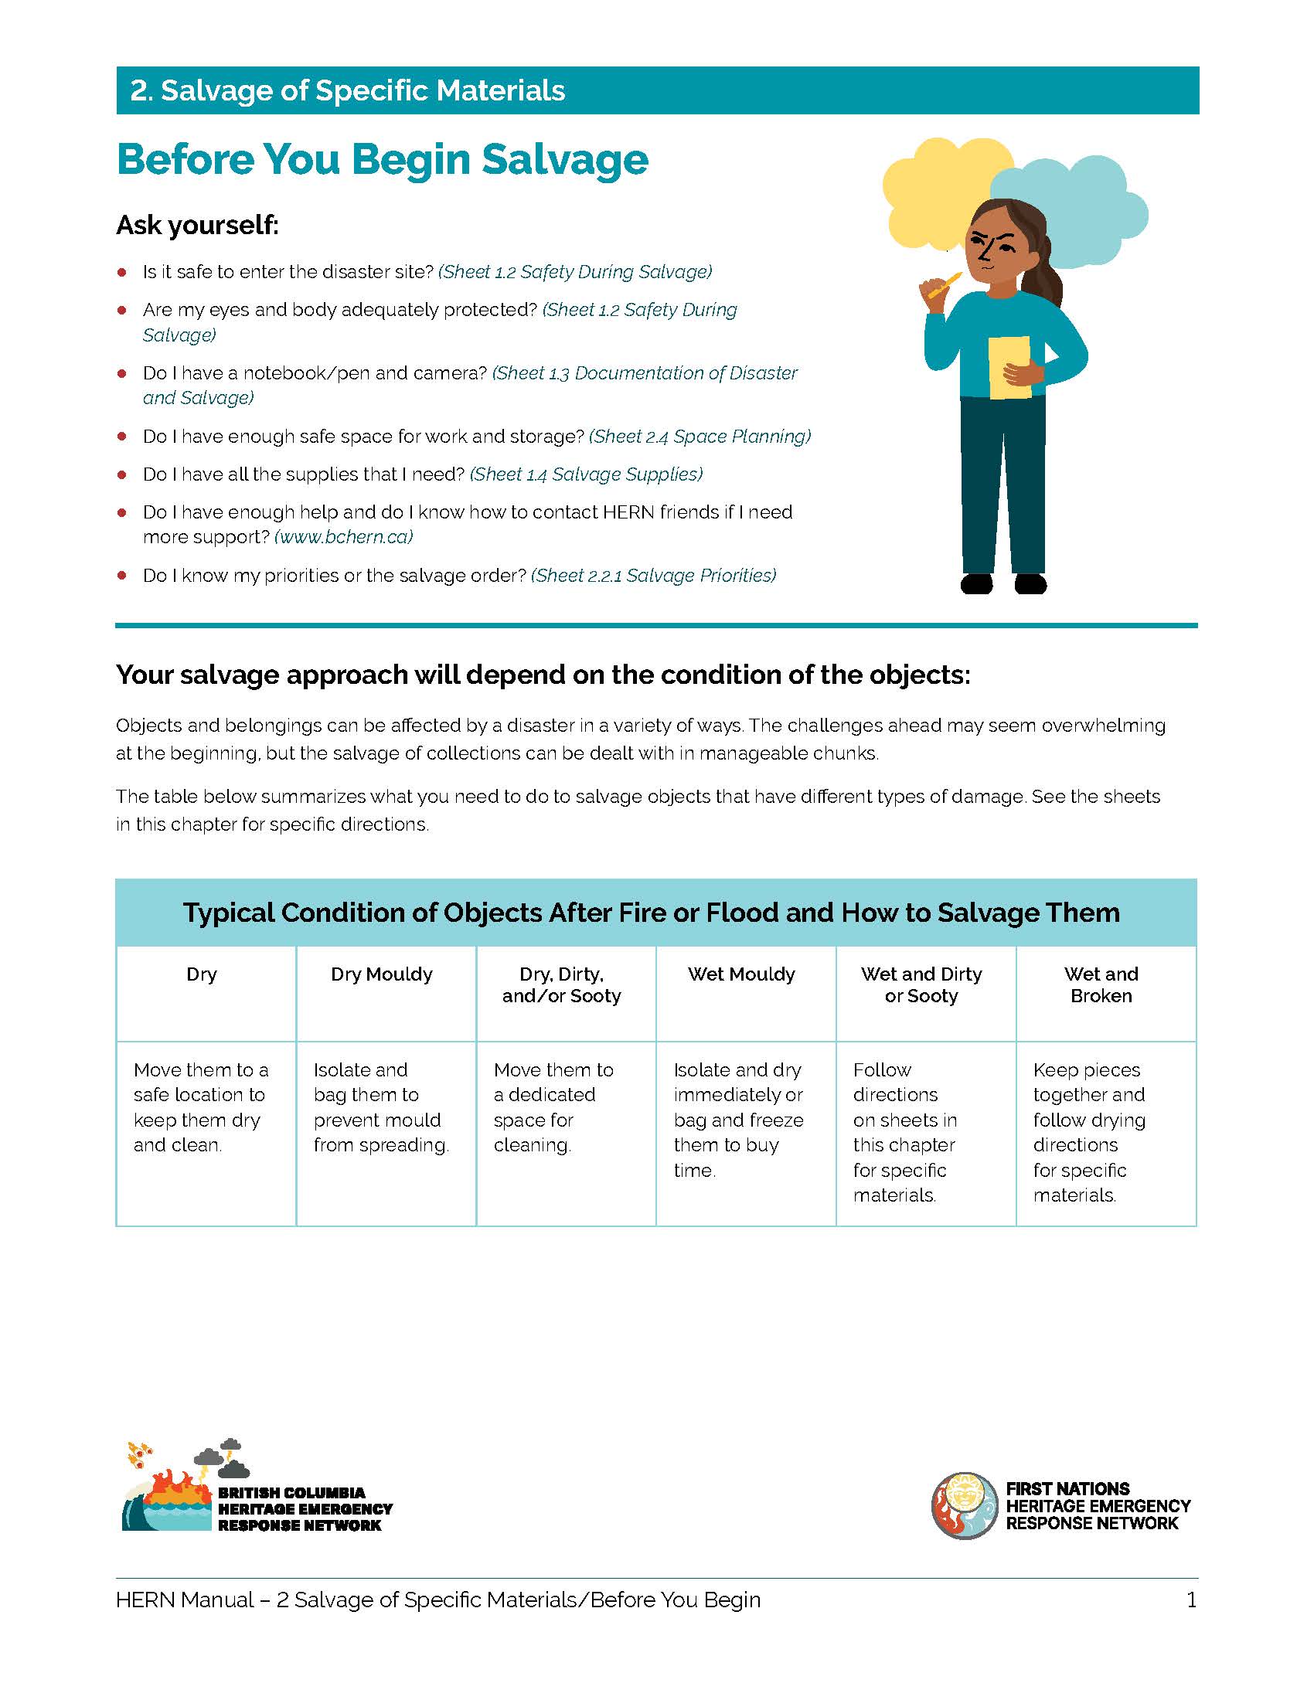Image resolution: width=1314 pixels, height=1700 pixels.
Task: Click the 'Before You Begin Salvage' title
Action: [x=381, y=160]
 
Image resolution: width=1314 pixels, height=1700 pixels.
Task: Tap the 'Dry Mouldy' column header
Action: [x=381, y=974]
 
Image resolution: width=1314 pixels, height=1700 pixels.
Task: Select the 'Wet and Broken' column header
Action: [x=1101, y=984]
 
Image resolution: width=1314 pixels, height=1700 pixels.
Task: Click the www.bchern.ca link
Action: [x=343, y=537]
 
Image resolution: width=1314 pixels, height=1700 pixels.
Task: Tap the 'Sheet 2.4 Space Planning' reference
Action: [x=700, y=437]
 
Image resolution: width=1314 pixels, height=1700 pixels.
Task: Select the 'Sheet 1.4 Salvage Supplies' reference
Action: [x=586, y=474]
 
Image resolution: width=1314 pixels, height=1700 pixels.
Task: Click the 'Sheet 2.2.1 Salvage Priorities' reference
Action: [x=654, y=575]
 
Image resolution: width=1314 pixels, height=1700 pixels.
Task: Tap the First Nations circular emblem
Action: [x=964, y=1505]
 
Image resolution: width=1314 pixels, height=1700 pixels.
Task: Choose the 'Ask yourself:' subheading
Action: [x=197, y=225]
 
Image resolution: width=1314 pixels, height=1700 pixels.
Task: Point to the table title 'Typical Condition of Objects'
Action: [x=652, y=913]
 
